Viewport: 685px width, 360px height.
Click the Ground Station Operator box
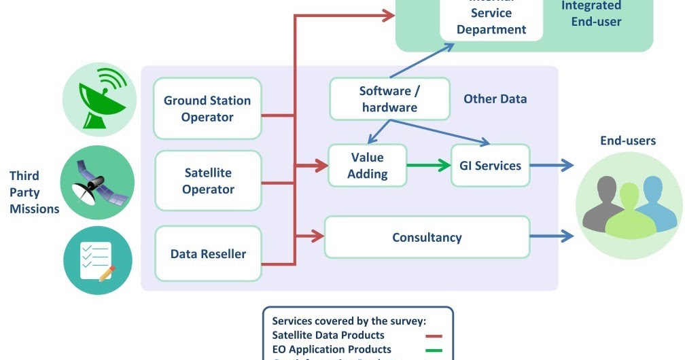coord(207,109)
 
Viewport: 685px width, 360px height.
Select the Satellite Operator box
coord(208,181)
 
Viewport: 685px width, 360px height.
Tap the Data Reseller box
coord(208,254)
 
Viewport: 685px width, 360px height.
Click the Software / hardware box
coord(389,99)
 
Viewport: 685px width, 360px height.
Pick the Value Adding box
coord(367,165)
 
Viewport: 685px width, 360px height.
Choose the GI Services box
coord(490,165)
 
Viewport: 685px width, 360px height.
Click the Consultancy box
coord(427,237)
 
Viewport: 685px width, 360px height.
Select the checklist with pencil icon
coord(96,260)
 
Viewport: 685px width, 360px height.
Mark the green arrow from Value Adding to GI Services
coord(428,165)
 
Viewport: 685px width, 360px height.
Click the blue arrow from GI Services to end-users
coord(551,165)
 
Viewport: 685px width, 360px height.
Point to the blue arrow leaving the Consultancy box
coord(551,237)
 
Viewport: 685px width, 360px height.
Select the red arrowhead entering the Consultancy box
coord(317,237)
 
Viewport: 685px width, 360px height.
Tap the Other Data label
coord(495,99)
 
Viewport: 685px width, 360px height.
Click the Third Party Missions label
coord(34,192)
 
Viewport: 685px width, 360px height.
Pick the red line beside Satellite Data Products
coord(434,336)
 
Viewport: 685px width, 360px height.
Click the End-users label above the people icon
coord(627,141)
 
